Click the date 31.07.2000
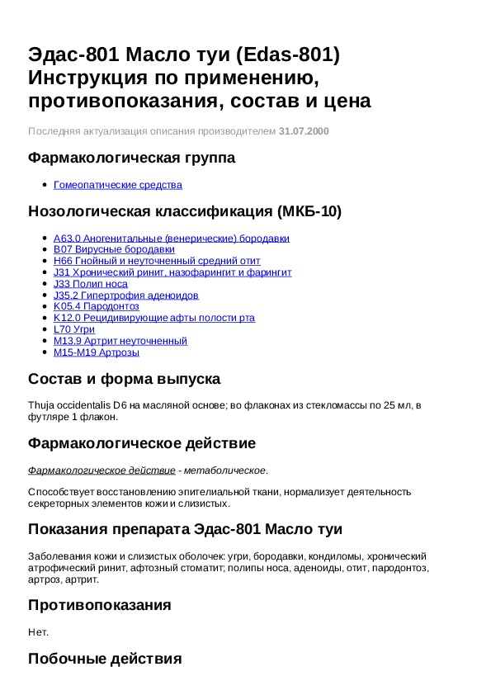pyautogui.click(x=304, y=131)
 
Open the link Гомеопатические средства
pyautogui.click(x=117, y=185)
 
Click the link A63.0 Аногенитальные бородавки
pyautogui.click(x=171, y=239)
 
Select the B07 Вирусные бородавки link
pyautogui.click(x=114, y=249)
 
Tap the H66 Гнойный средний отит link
pyautogui.click(x=156, y=261)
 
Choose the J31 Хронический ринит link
pyautogui.click(x=172, y=272)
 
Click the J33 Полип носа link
pyautogui.click(x=90, y=284)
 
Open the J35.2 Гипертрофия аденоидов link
pyautogui.click(x=125, y=295)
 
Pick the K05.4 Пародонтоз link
pyautogui.click(x=96, y=306)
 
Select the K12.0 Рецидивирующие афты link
pyautogui.click(x=153, y=318)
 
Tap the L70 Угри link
pyautogui.click(x=73, y=329)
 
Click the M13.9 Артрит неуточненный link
pyautogui.click(x=120, y=341)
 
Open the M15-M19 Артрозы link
pyautogui.click(x=96, y=352)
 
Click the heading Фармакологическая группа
pyautogui.click(x=131, y=158)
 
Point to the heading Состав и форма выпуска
pyautogui.click(x=124, y=380)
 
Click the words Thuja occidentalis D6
pyautogui.click(x=77, y=404)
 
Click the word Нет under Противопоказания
pyautogui.click(x=38, y=632)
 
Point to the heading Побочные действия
pyautogui.click(x=104, y=659)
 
